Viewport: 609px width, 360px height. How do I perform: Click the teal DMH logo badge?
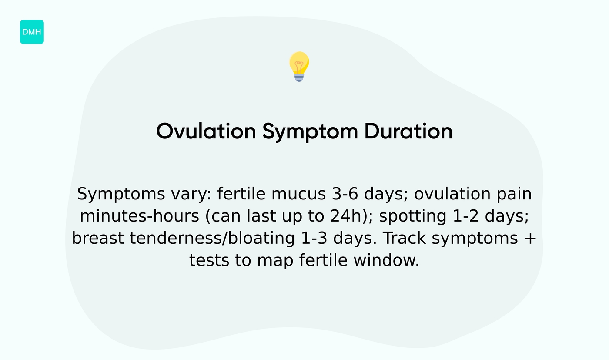32,32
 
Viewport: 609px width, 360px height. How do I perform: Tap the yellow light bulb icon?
299,66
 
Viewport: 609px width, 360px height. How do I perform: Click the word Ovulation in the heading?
206,131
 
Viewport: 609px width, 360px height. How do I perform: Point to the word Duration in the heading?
408,131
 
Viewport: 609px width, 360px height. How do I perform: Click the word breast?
98,239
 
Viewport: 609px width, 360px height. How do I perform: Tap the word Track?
405,239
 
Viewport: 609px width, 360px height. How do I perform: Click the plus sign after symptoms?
530,239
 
